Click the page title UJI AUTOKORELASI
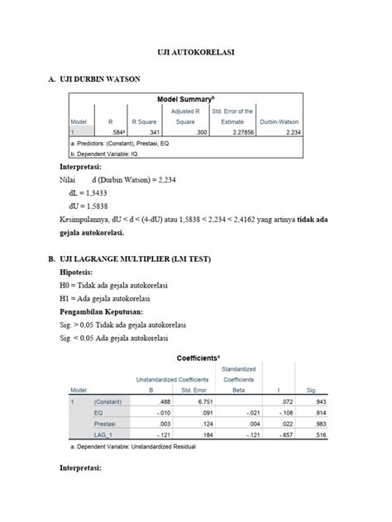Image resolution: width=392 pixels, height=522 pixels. pos(196,51)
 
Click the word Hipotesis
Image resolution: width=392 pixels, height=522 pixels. pos(77,272)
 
